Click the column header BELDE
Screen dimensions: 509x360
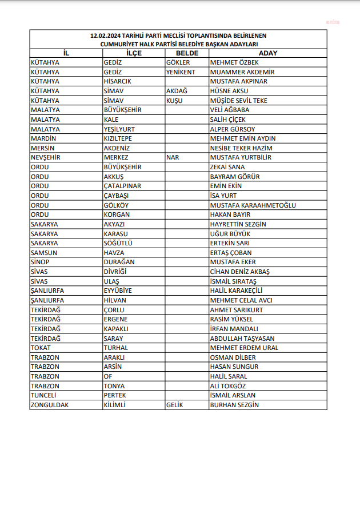click(186, 53)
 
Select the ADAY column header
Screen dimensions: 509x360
click(267, 53)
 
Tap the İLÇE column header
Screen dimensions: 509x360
click(134, 53)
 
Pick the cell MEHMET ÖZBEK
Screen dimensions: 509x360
click(234, 62)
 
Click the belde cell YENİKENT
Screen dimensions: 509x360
click(181, 72)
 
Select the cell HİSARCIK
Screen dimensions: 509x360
click(118, 81)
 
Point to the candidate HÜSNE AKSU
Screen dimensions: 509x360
click(230, 91)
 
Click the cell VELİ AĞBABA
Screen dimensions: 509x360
click(230, 110)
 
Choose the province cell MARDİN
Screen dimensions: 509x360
click(43, 138)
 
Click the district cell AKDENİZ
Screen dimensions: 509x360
click(118, 148)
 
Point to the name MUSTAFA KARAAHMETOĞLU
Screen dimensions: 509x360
click(253, 205)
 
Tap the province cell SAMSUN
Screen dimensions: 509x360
click(44, 253)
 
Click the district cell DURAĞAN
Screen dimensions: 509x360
click(119, 262)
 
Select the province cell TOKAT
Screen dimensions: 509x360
click(41, 348)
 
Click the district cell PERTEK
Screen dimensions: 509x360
click(115, 395)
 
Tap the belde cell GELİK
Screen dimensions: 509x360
click(175, 405)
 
